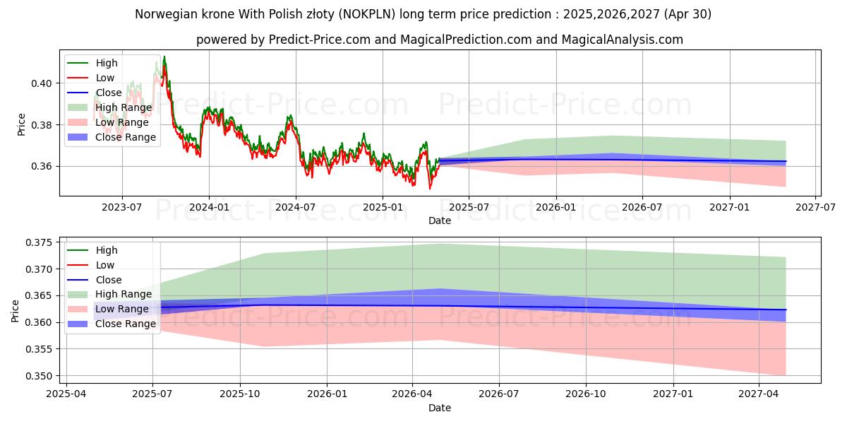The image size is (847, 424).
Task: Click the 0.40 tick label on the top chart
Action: click(41, 83)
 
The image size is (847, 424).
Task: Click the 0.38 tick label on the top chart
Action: click(41, 125)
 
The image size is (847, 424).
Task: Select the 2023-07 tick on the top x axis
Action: click(122, 206)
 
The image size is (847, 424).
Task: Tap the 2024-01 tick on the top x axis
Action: click(209, 206)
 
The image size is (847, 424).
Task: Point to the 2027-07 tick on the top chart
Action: click(815, 206)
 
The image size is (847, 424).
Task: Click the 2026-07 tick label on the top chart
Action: click(642, 206)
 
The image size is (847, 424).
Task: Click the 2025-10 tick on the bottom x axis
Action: click(240, 394)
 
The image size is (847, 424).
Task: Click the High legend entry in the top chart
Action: click(107, 63)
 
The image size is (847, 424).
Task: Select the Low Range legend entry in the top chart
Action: click(123, 122)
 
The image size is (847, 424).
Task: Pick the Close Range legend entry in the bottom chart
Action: click(126, 324)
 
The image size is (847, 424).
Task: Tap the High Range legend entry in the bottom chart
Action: click(124, 294)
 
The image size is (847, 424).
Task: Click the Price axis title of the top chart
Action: click(21, 124)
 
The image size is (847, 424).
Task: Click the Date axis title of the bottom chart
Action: click(440, 408)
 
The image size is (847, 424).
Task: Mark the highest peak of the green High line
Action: click(164, 57)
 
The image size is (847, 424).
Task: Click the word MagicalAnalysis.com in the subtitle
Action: click(622, 40)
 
